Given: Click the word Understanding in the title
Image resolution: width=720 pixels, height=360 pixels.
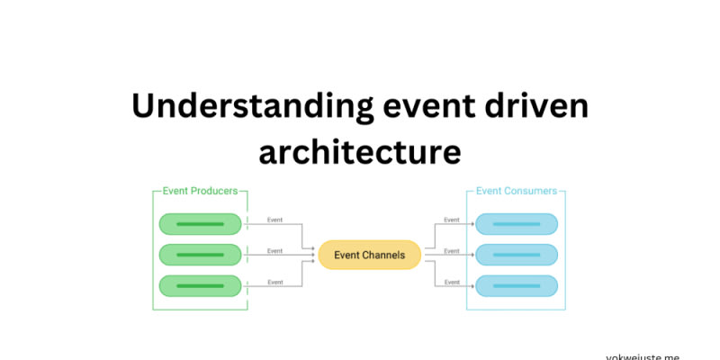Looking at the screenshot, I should point(249,106).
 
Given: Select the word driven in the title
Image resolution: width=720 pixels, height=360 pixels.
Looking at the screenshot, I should point(538,106).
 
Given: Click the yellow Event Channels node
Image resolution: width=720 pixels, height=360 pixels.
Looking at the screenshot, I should point(370,255).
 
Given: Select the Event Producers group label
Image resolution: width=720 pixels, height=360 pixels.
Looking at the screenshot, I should point(200,192).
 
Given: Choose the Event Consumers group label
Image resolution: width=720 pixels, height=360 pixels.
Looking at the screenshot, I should point(516,192).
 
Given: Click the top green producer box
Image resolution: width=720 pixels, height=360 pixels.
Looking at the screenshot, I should point(200,223).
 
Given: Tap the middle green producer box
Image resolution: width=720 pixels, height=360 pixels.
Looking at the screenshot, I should point(200,255).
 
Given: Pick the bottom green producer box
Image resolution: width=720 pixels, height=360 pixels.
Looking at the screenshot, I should point(200,286).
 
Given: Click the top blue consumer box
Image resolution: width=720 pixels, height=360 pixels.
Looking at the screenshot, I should point(516,223).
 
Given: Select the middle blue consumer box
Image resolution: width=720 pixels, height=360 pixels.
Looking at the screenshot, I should point(516,255).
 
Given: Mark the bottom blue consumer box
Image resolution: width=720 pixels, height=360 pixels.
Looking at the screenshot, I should point(516,286).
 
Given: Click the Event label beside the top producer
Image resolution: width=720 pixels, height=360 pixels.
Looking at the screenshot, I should point(274,220).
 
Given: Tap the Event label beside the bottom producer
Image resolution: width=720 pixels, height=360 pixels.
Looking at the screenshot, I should point(274,282).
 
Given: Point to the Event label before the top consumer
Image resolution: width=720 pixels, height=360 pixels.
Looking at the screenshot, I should point(452,220).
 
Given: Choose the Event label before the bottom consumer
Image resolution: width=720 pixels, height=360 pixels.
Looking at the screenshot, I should point(452,282).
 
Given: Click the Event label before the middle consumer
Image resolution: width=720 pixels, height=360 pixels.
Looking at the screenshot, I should point(452,251).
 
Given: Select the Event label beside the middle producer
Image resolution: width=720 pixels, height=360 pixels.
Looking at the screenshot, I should point(274,251).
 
